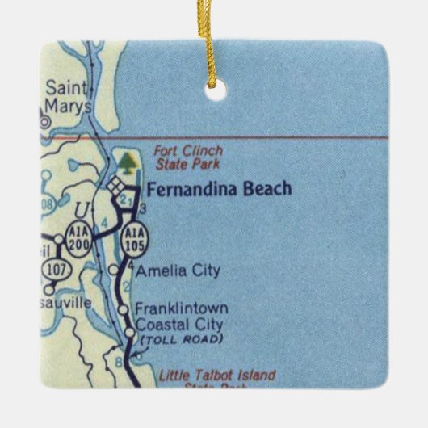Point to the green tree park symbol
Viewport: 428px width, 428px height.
pos(126,164)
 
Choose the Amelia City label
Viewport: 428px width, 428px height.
pos(177,271)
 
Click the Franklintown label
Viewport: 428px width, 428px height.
pos(181,308)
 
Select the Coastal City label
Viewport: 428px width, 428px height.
pos(178,325)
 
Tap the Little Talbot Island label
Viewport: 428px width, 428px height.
pos(216,376)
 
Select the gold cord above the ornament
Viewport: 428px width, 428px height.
pos(215,40)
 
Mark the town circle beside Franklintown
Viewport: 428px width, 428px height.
pos(123,309)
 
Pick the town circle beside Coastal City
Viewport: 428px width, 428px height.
pos(129,332)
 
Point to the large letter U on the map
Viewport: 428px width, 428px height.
pos(81,212)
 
